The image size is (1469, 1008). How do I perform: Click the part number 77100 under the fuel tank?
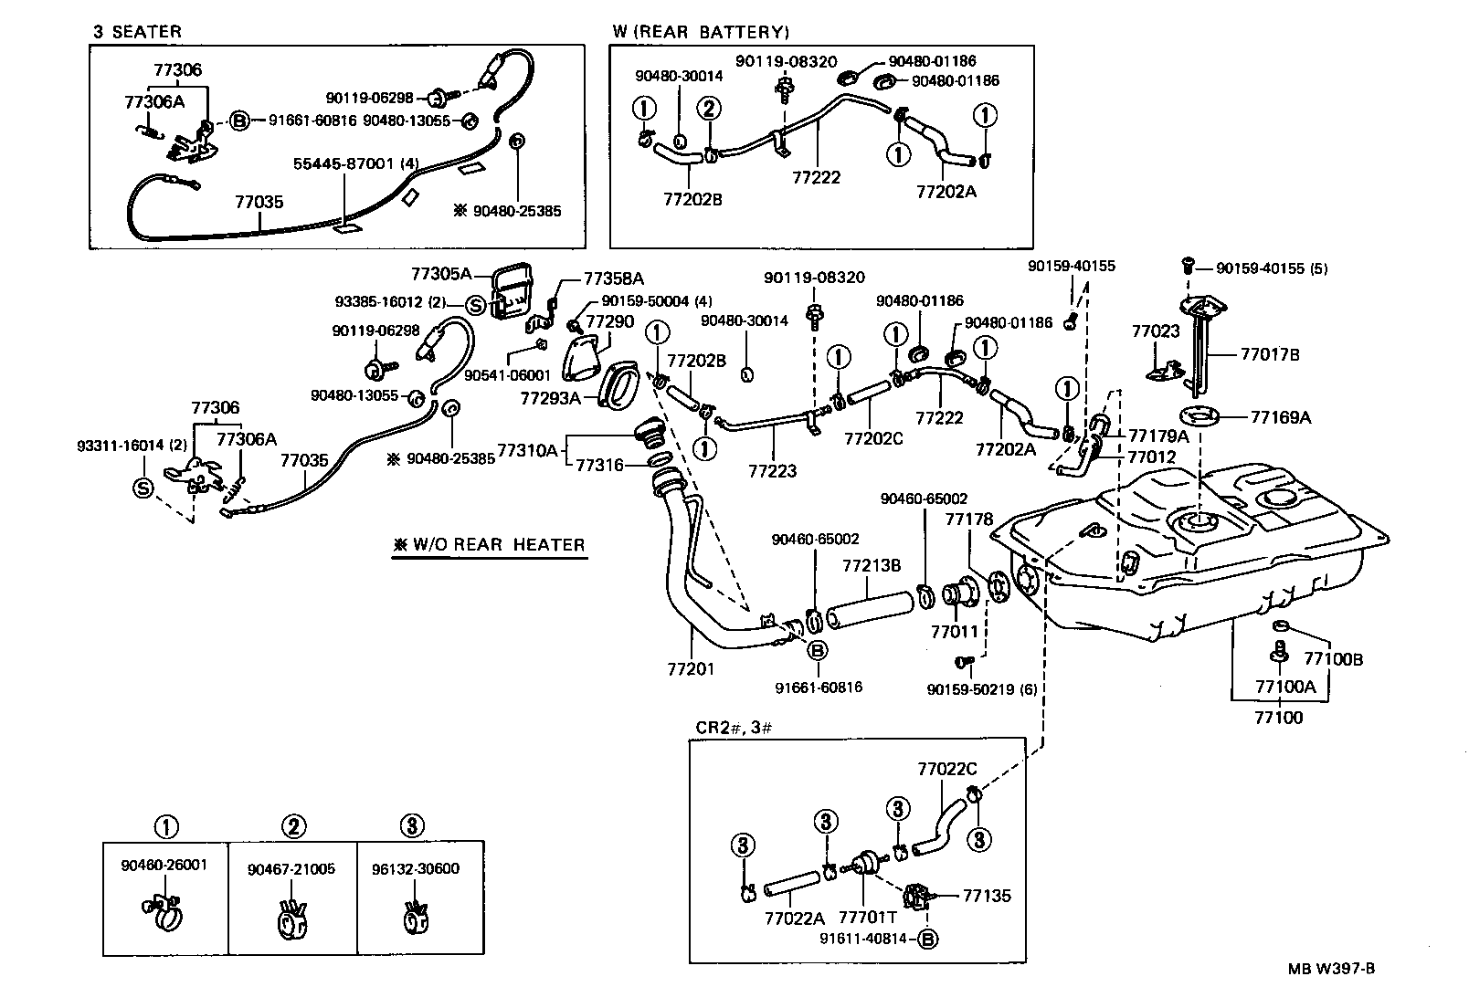[x=1278, y=717]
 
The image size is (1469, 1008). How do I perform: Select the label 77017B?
[x=1270, y=354]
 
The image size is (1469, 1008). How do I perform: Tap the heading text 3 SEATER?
[x=137, y=31]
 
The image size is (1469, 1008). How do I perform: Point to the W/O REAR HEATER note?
[x=489, y=545]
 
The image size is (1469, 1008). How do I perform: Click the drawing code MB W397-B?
[x=1331, y=969]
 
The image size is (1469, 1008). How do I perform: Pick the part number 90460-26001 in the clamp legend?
[x=164, y=866]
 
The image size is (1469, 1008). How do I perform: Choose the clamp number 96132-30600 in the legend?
[x=416, y=869]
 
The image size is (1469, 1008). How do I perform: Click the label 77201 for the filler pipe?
[x=690, y=669]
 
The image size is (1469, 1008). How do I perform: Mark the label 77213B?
[x=872, y=565]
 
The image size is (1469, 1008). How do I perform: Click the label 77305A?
[x=441, y=274]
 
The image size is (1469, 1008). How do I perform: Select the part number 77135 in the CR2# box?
[x=987, y=896]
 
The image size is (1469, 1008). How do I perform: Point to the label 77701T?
[x=868, y=918]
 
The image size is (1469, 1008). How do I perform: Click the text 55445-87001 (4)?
[x=356, y=163]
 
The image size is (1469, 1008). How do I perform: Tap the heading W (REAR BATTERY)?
[x=701, y=31]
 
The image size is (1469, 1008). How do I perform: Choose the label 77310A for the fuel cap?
[x=528, y=450]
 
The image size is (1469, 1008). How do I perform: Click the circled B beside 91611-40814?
[x=928, y=940]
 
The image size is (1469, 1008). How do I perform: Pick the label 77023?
[x=1156, y=331]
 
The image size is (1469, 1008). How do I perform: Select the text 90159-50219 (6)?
[x=982, y=689]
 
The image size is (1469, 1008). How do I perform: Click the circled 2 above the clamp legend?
[x=294, y=826]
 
